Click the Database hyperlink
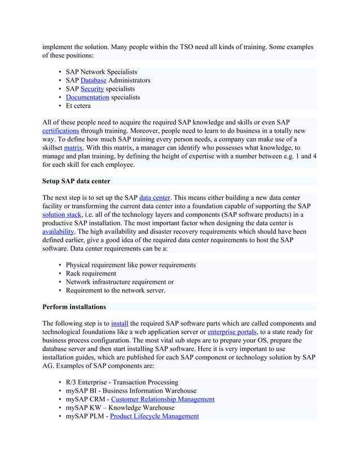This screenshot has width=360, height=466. (94, 81)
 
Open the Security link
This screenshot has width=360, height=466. (93, 89)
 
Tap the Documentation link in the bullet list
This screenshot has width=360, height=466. (87, 98)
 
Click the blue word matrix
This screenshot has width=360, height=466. (73, 148)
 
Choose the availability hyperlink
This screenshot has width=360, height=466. (58, 232)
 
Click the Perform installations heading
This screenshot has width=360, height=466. (74, 307)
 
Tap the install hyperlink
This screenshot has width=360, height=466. (120, 324)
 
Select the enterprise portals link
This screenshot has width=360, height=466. (232, 332)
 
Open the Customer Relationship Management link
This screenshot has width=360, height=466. (163, 399)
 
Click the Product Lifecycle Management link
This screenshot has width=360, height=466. (155, 416)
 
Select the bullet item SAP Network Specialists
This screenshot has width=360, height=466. (101, 72)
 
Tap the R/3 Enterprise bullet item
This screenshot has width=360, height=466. (122, 383)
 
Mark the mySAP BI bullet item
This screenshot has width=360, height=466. (131, 391)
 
